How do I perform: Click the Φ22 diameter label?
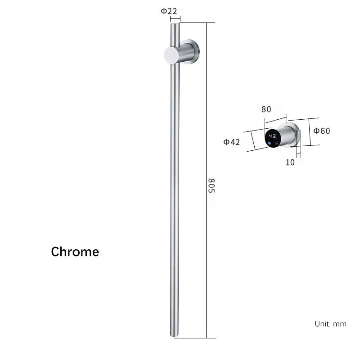[169, 11]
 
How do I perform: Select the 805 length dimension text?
[211, 185]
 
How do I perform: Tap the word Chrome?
[75, 252]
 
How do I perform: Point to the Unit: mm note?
[330, 324]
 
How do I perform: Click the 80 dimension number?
[266, 109]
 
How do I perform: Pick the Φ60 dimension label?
[322, 131]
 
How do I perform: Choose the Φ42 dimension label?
[231, 142]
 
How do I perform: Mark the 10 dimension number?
[290, 162]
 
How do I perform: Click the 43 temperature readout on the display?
[272, 136]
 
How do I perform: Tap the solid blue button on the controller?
[269, 144]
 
